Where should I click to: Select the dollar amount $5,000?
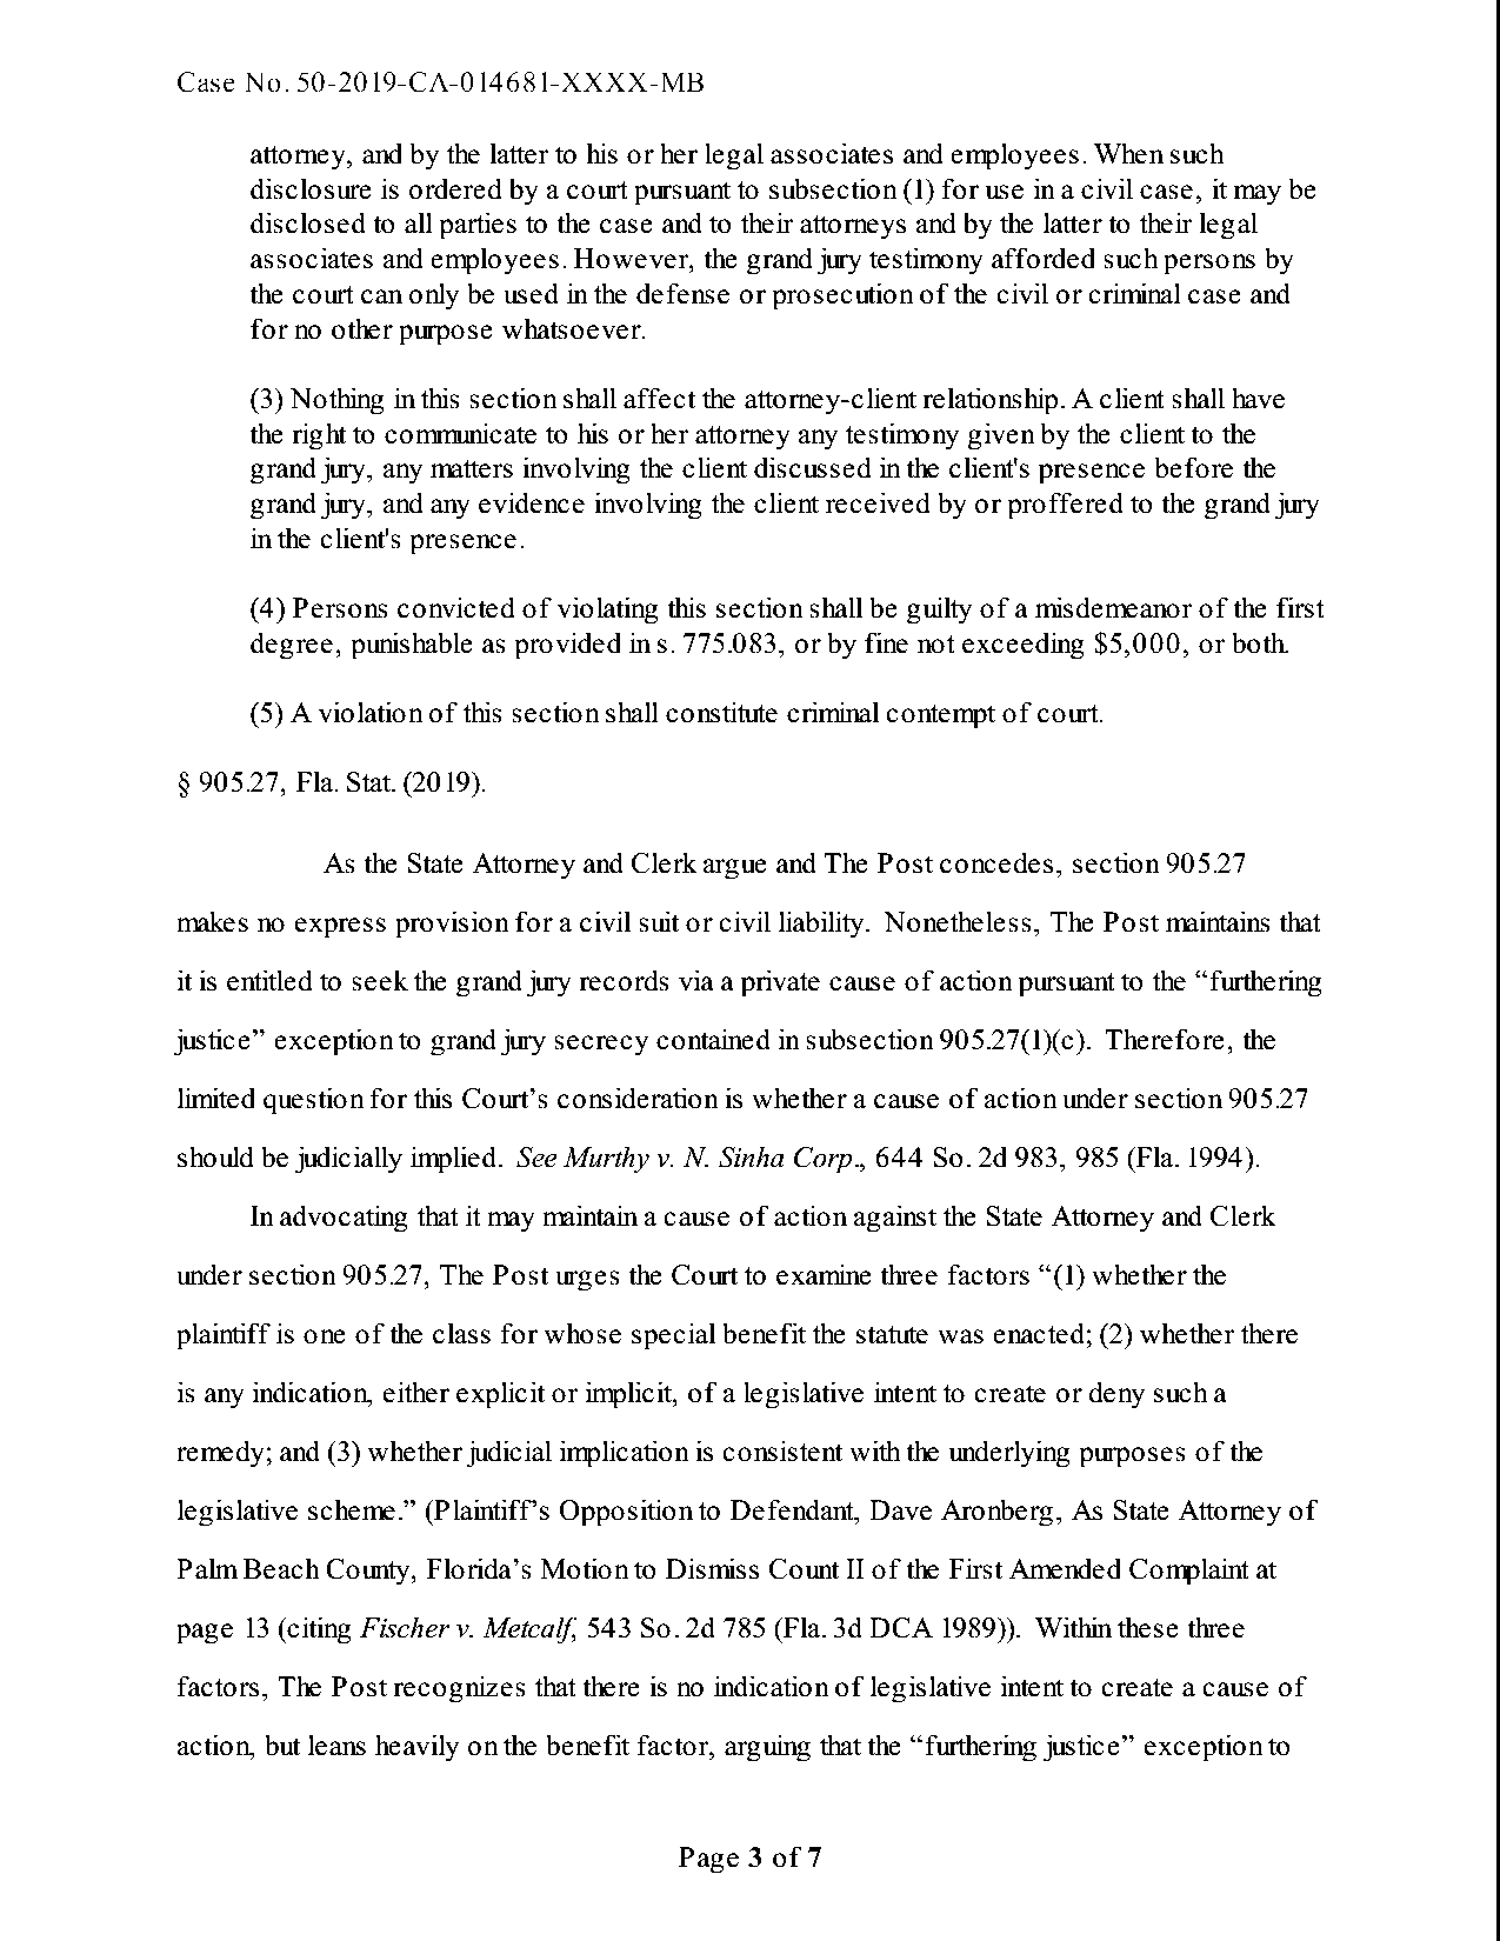[1139, 644]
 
